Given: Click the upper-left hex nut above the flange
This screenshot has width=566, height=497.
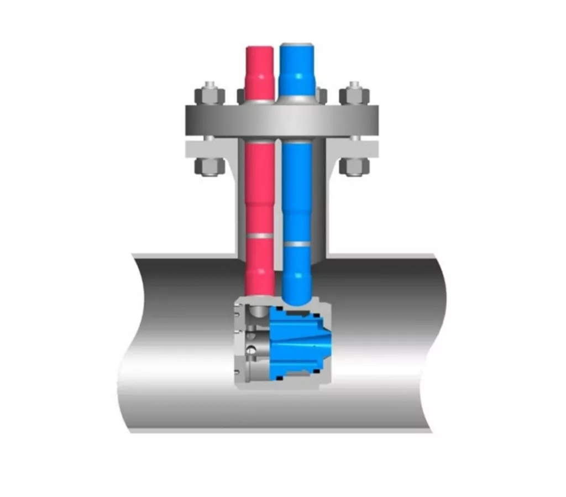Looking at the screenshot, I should [x=209, y=96].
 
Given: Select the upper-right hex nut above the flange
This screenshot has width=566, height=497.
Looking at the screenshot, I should [x=354, y=96].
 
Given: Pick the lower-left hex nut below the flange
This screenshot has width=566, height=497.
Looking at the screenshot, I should [x=209, y=166].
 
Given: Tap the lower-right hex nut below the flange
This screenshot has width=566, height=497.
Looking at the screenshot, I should [x=354, y=166].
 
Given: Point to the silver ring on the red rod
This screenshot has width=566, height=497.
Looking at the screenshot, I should [x=259, y=236].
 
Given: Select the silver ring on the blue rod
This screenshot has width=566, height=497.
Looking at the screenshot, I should [x=297, y=244].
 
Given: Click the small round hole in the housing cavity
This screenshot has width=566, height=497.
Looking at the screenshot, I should [x=252, y=349].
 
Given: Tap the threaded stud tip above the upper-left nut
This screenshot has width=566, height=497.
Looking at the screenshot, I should [x=209, y=85].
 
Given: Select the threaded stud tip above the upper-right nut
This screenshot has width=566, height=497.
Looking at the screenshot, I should [x=354, y=85].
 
